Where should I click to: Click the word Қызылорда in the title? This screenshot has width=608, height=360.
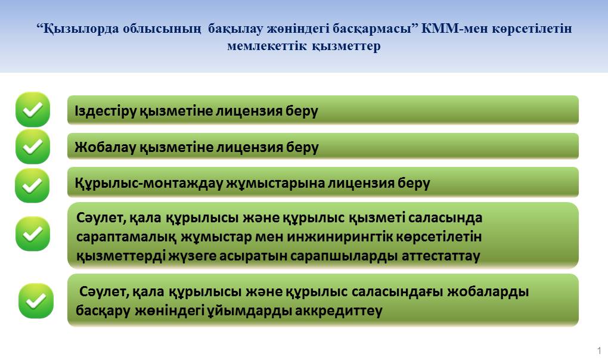click(79, 29)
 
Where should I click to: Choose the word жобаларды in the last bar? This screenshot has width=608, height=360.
click(488, 292)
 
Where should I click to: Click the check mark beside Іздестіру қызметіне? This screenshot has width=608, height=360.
click(33, 110)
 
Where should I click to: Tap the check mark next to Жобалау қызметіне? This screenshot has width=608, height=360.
click(33, 147)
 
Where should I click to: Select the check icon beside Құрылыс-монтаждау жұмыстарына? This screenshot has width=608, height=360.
click(32, 185)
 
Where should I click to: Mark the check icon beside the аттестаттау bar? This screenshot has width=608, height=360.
click(33, 234)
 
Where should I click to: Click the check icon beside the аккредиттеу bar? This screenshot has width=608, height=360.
click(36, 301)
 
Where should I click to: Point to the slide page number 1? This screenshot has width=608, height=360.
click(600, 350)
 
